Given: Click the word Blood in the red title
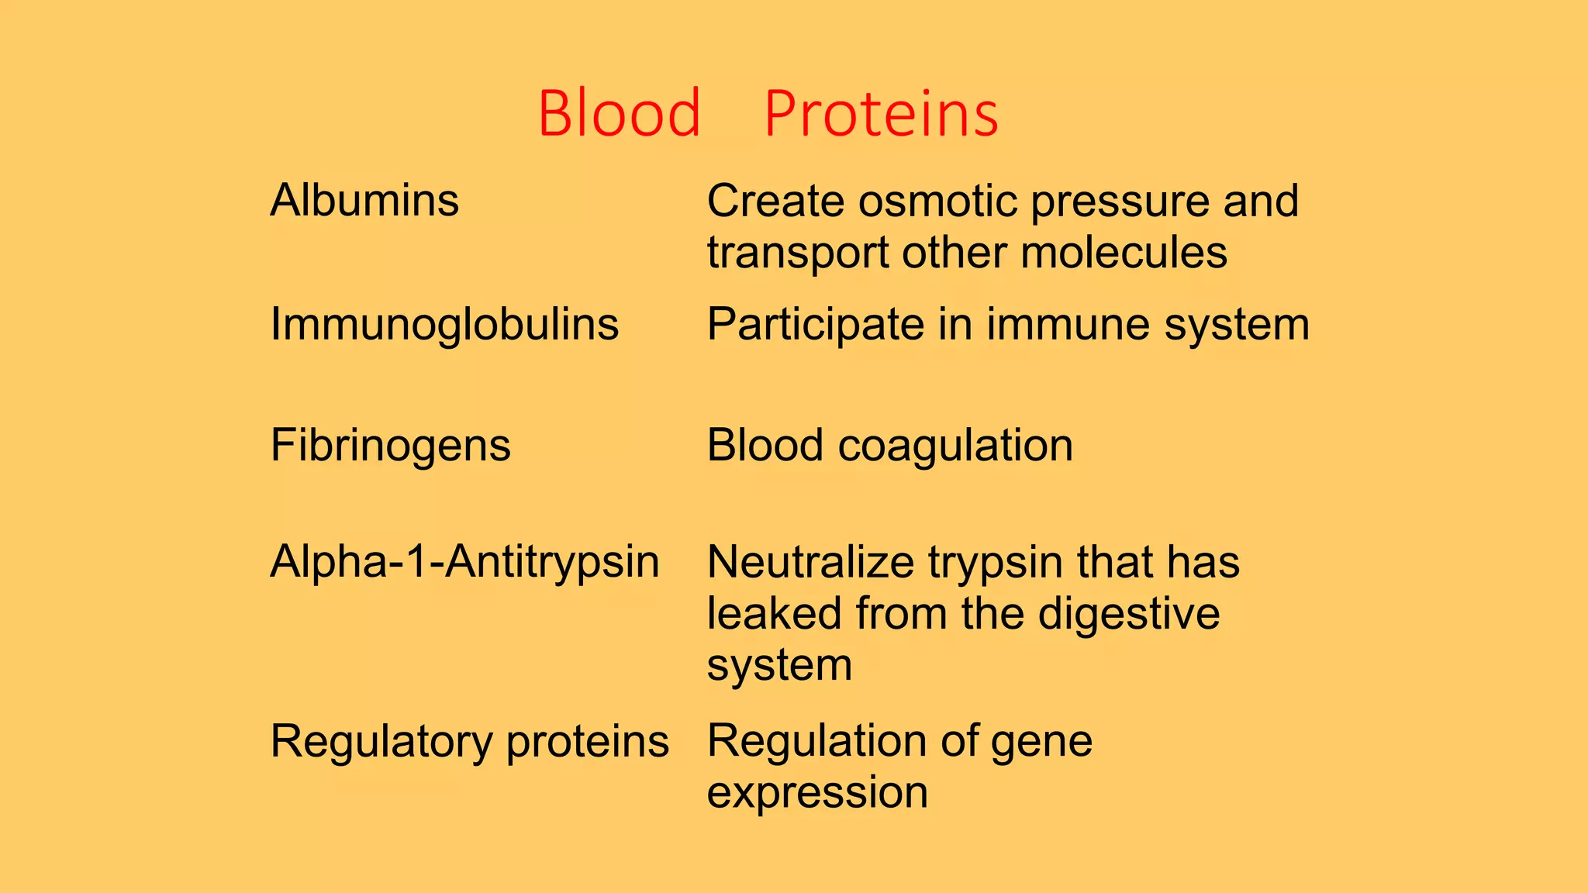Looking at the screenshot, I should pyautogui.click(x=619, y=114).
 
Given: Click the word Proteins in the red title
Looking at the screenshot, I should pyautogui.click(x=881, y=114).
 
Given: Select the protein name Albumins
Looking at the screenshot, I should pyautogui.click(x=364, y=201).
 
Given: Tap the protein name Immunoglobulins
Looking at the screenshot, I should pyautogui.click(x=444, y=324).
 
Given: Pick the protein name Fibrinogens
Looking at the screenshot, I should pyautogui.click(x=390, y=446).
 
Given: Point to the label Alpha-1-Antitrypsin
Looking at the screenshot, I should pyautogui.click(x=464, y=562).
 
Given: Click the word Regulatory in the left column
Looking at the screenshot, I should pyautogui.click(x=381, y=742).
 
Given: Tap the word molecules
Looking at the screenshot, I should pyautogui.click(x=1124, y=253).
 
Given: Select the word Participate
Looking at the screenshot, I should pyautogui.click(x=815, y=325).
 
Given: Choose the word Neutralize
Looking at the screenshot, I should pyautogui.click(x=810, y=562).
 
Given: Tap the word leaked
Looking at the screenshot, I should pyautogui.click(x=774, y=613).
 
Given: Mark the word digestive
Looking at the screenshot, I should pyautogui.click(x=1129, y=615).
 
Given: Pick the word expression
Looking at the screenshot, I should pyautogui.click(x=817, y=793).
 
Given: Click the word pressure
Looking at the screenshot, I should pyautogui.click(x=1119, y=202).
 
